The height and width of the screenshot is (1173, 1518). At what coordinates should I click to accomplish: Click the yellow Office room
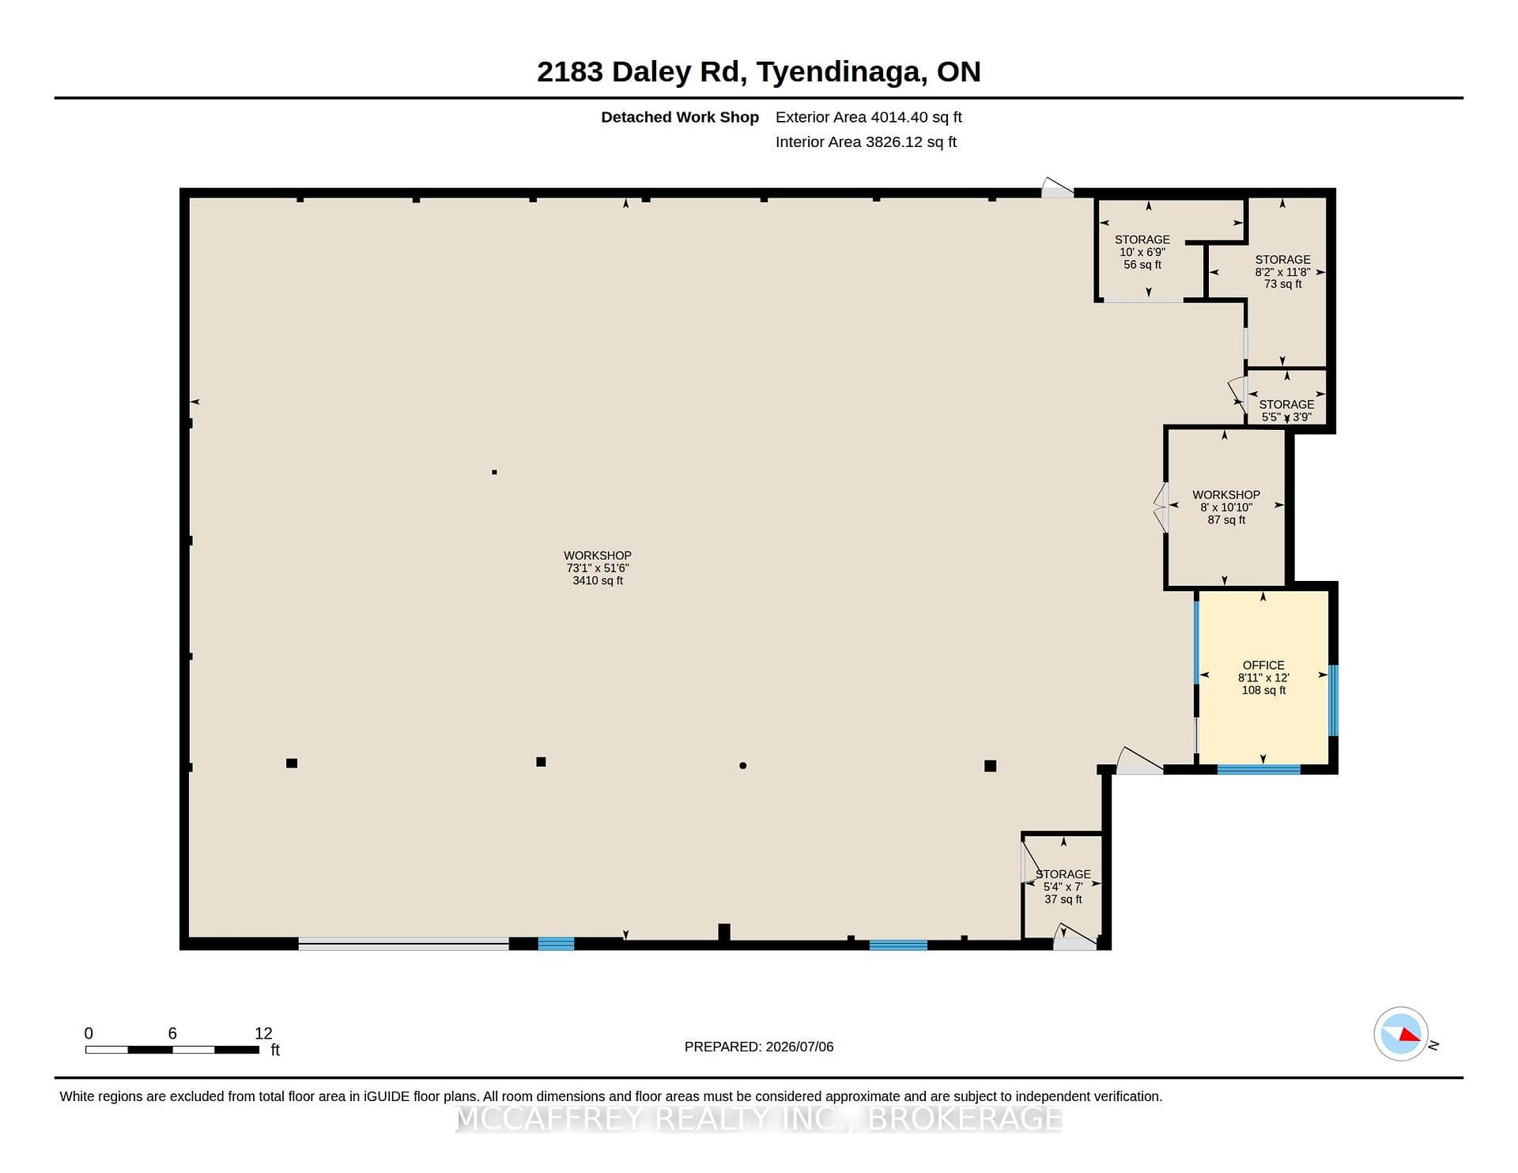(x=1263, y=677)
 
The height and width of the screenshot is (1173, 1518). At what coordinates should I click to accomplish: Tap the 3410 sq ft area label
(x=598, y=581)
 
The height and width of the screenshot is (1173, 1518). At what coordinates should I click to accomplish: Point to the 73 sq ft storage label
(x=1282, y=284)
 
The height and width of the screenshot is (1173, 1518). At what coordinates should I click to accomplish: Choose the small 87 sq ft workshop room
(x=1225, y=507)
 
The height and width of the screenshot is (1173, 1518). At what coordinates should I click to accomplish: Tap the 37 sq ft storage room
(x=1062, y=887)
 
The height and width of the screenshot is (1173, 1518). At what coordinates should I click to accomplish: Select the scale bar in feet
(x=172, y=1050)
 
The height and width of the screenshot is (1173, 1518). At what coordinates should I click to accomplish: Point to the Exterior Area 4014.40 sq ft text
(x=869, y=117)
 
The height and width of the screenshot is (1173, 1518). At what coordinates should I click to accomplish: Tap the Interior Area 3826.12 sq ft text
(x=866, y=142)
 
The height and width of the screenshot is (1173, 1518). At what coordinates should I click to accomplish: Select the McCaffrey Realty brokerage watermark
(x=759, y=1118)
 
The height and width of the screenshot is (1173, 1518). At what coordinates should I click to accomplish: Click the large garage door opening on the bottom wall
(x=403, y=944)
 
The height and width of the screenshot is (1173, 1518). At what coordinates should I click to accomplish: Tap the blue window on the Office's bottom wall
(x=1259, y=769)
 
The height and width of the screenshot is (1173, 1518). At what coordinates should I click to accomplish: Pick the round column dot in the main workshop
(x=742, y=765)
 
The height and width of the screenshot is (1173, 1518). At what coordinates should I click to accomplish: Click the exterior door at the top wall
(x=1057, y=188)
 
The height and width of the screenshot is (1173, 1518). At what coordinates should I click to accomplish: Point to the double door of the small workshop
(x=1161, y=507)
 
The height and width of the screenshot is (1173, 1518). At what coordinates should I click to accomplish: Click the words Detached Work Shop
(x=680, y=117)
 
